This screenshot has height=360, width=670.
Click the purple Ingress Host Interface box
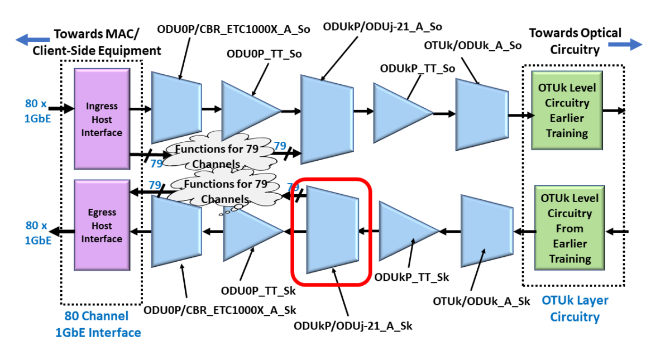102,119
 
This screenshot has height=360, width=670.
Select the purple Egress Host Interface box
102,225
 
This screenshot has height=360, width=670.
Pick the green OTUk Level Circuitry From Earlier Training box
566,228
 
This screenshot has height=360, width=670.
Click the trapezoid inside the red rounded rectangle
331,230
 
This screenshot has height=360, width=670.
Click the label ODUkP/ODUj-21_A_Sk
353,326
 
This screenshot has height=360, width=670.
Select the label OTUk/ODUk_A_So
473,45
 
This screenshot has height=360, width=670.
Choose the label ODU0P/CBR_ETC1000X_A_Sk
220,310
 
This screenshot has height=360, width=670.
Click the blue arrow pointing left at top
31,40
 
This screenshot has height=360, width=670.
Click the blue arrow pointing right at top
625,44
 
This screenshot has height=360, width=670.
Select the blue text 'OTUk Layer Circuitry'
575,309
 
